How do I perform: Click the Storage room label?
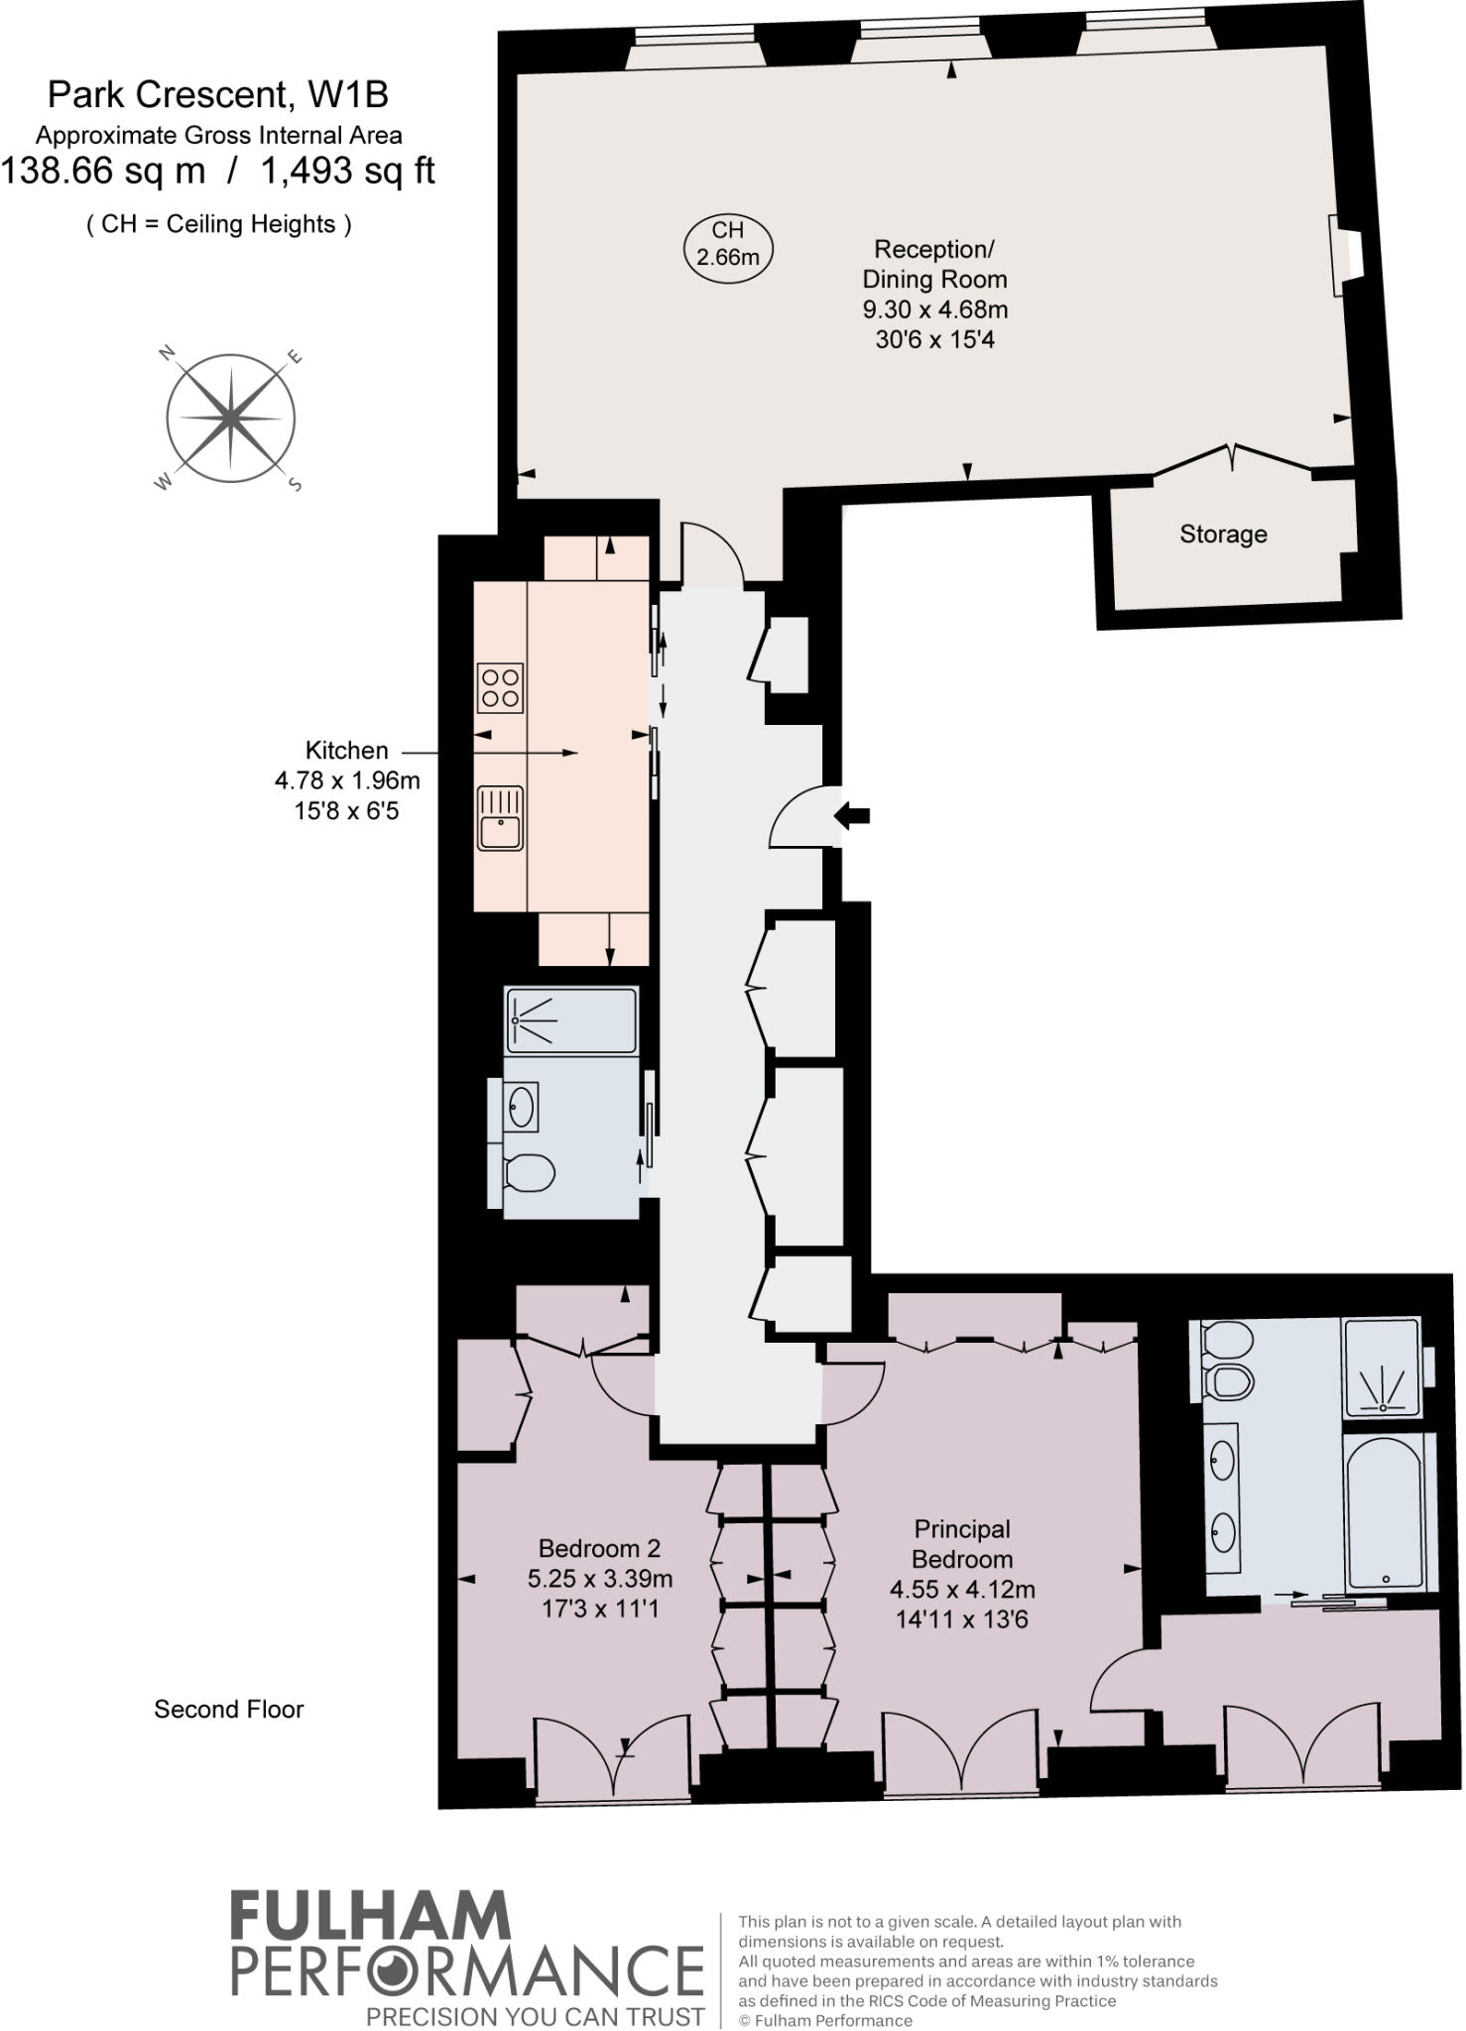coord(1222,535)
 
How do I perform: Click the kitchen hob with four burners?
coord(500,688)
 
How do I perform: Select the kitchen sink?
coord(500,817)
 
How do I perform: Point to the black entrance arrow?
coord(852,816)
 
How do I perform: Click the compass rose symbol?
coord(230,418)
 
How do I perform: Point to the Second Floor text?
coord(228,1709)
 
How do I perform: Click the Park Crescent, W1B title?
coord(218,95)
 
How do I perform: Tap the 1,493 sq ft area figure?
coord(347,172)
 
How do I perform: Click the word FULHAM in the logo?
coord(371,1916)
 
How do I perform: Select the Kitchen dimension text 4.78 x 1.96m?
coord(347,780)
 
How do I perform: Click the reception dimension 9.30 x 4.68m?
coord(934,309)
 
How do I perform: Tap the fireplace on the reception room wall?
coord(1346,255)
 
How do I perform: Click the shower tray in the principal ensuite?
coord(1381,1366)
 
